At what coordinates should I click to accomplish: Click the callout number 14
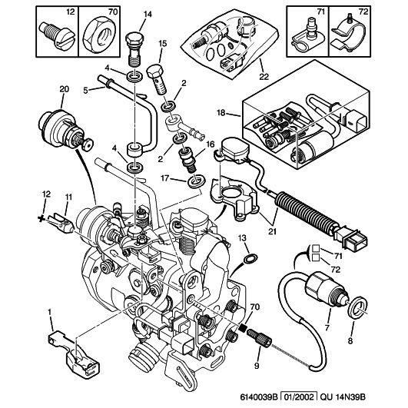(148, 13)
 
